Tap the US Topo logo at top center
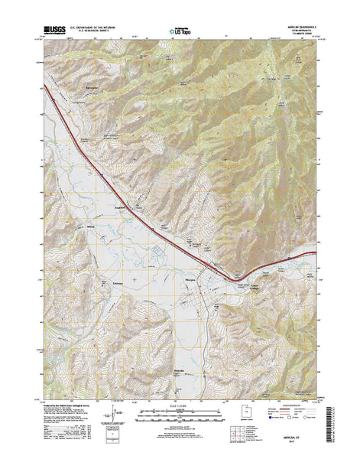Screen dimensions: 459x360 178,31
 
